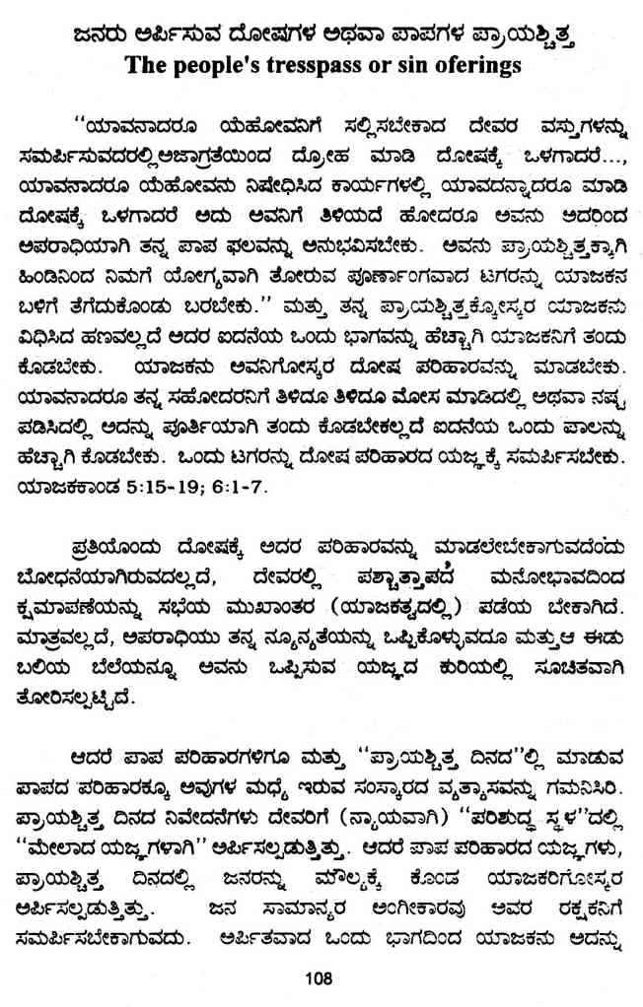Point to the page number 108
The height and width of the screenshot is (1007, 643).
(321, 978)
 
